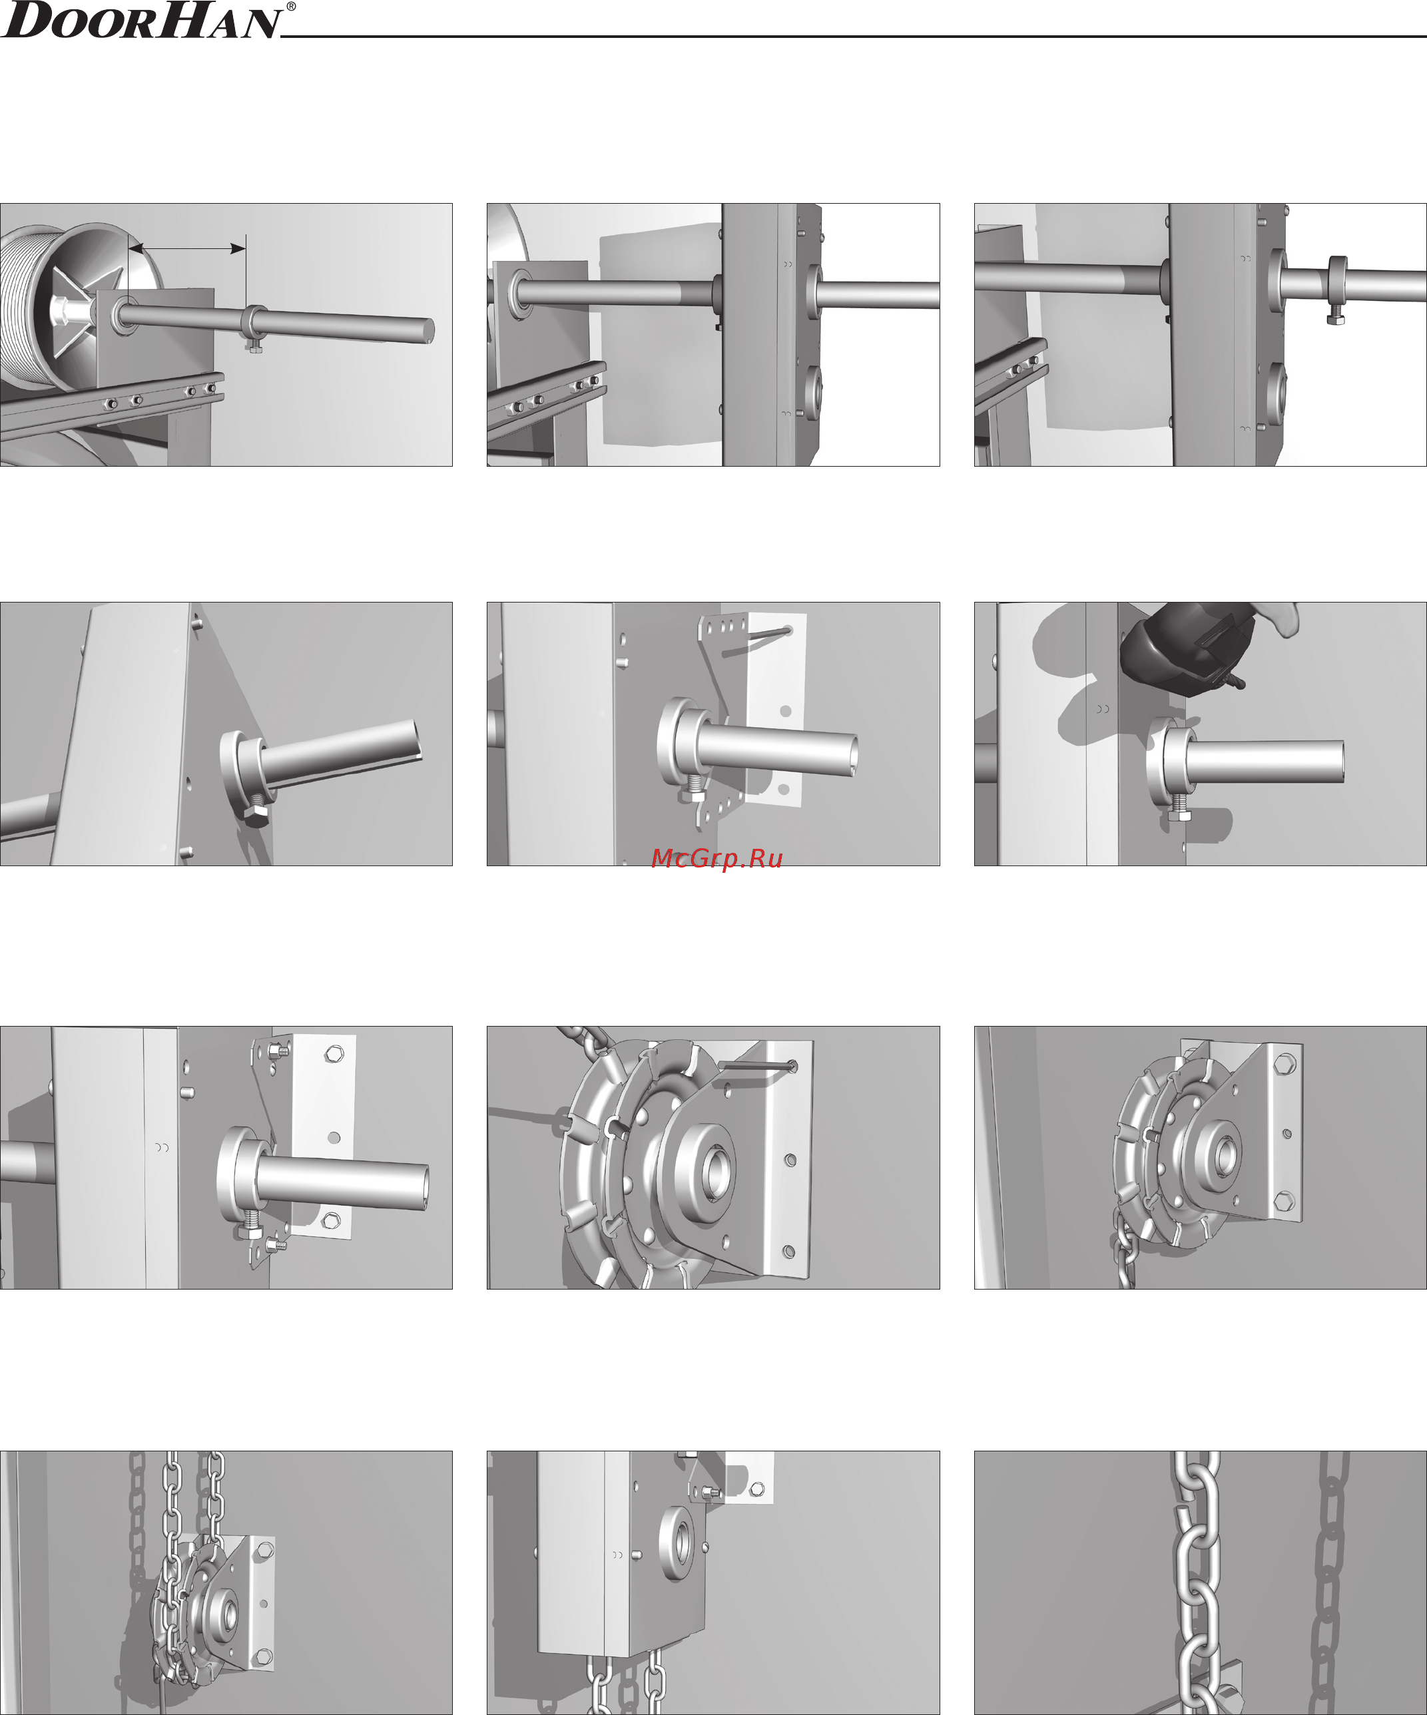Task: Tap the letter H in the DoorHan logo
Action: point(187,19)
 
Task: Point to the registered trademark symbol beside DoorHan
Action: point(291,7)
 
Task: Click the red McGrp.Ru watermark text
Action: point(717,858)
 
